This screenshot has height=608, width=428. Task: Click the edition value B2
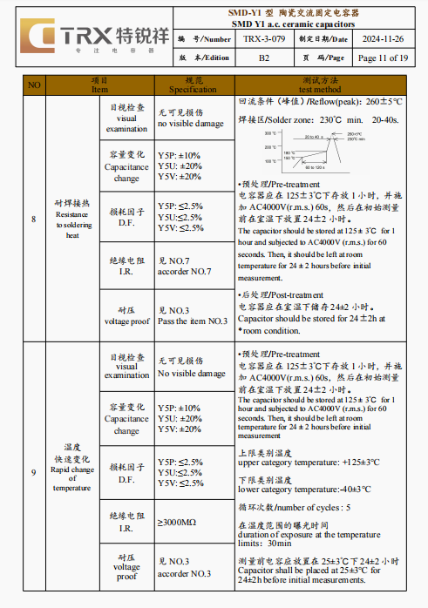pos(264,57)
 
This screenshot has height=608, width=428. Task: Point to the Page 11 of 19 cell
pos(383,57)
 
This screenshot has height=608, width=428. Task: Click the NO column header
pos(34,84)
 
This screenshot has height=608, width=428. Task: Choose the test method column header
pos(319,84)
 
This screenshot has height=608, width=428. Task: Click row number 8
pos(34,219)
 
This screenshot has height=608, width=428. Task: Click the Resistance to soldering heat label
pos(72,219)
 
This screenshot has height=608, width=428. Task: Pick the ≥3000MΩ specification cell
pos(177,522)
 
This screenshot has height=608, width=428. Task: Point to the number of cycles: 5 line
pos(295,507)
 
